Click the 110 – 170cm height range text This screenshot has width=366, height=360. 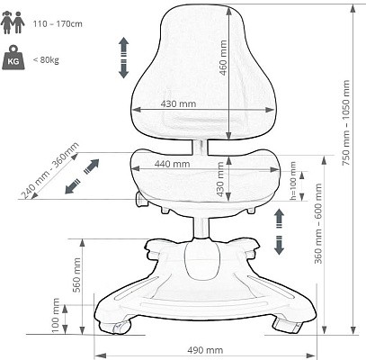click(58, 24)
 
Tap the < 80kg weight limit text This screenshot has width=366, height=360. click(46, 60)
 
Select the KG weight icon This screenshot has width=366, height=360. click(13, 58)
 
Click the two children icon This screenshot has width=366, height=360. click(13, 22)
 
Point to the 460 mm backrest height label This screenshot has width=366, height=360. click(223, 58)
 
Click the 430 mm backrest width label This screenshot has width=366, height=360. click(178, 103)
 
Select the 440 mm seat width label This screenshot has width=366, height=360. click(172, 164)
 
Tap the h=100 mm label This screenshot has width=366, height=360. click(293, 181)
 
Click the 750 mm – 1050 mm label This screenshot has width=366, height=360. click(346, 122)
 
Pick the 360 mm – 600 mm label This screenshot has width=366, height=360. click(318, 223)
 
